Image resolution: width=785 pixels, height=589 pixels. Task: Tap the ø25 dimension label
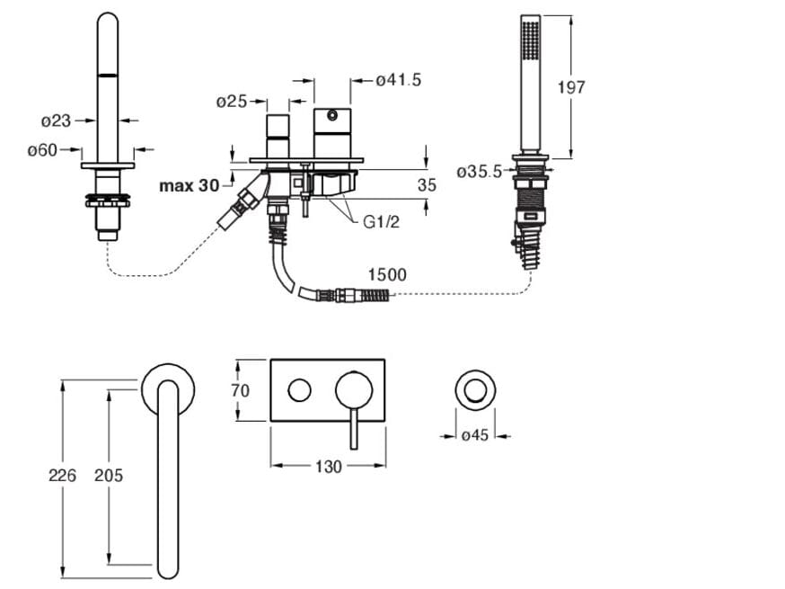click(232, 102)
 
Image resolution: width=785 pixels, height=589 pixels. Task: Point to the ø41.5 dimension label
click(398, 81)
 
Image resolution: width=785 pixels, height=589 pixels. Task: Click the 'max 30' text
click(189, 186)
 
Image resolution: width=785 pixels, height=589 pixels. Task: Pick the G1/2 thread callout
click(381, 221)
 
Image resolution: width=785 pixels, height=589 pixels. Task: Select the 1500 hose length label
click(386, 274)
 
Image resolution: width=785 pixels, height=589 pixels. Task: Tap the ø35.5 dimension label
click(478, 172)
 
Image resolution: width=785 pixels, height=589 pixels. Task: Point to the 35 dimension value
click(428, 186)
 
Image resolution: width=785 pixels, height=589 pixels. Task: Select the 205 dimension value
click(108, 475)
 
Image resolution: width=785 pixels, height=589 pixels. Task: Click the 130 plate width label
click(329, 467)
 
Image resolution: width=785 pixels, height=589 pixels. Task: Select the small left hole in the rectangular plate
click(299, 390)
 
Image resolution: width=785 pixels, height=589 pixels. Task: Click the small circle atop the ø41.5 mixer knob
click(333, 115)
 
